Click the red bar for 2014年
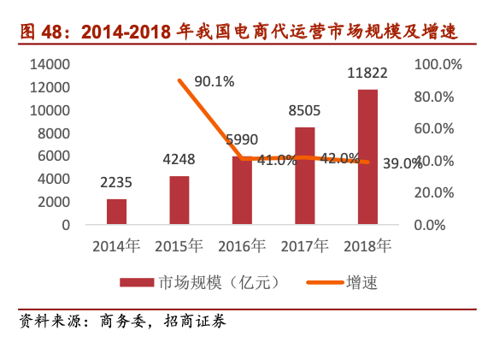click(x=116, y=211)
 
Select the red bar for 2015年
click(x=179, y=200)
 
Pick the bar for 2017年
click(x=305, y=175)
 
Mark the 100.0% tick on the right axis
click(x=438, y=64)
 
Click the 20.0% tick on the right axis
click(x=438, y=192)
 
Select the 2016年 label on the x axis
click(x=242, y=246)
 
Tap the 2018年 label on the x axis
click(x=367, y=246)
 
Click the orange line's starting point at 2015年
click(x=179, y=80)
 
